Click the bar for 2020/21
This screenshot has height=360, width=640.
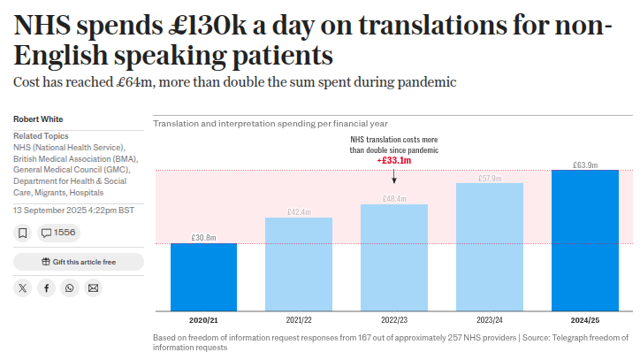click(203, 277)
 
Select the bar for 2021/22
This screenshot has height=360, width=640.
click(299, 264)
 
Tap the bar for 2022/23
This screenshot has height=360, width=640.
click(394, 257)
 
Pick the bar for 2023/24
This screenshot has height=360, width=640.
click(490, 247)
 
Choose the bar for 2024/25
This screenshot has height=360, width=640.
click(584, 240)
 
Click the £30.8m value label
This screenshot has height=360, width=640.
click(203, 237)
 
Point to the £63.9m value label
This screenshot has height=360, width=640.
click(584, 165)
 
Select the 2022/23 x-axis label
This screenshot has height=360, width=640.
click(394, 319)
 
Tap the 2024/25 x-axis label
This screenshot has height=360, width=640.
click(584, 319)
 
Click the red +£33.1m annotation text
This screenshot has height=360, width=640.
click(394, 161)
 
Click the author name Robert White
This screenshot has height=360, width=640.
click(38, 119)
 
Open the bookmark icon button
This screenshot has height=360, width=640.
click(23, 233)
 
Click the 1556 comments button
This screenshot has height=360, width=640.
click(59, 233)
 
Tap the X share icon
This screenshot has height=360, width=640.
click(23, 287)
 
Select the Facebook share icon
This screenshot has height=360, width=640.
click(47, 287)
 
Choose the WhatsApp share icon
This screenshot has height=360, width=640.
click(70, 287)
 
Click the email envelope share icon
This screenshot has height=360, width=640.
click(94, 287)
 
